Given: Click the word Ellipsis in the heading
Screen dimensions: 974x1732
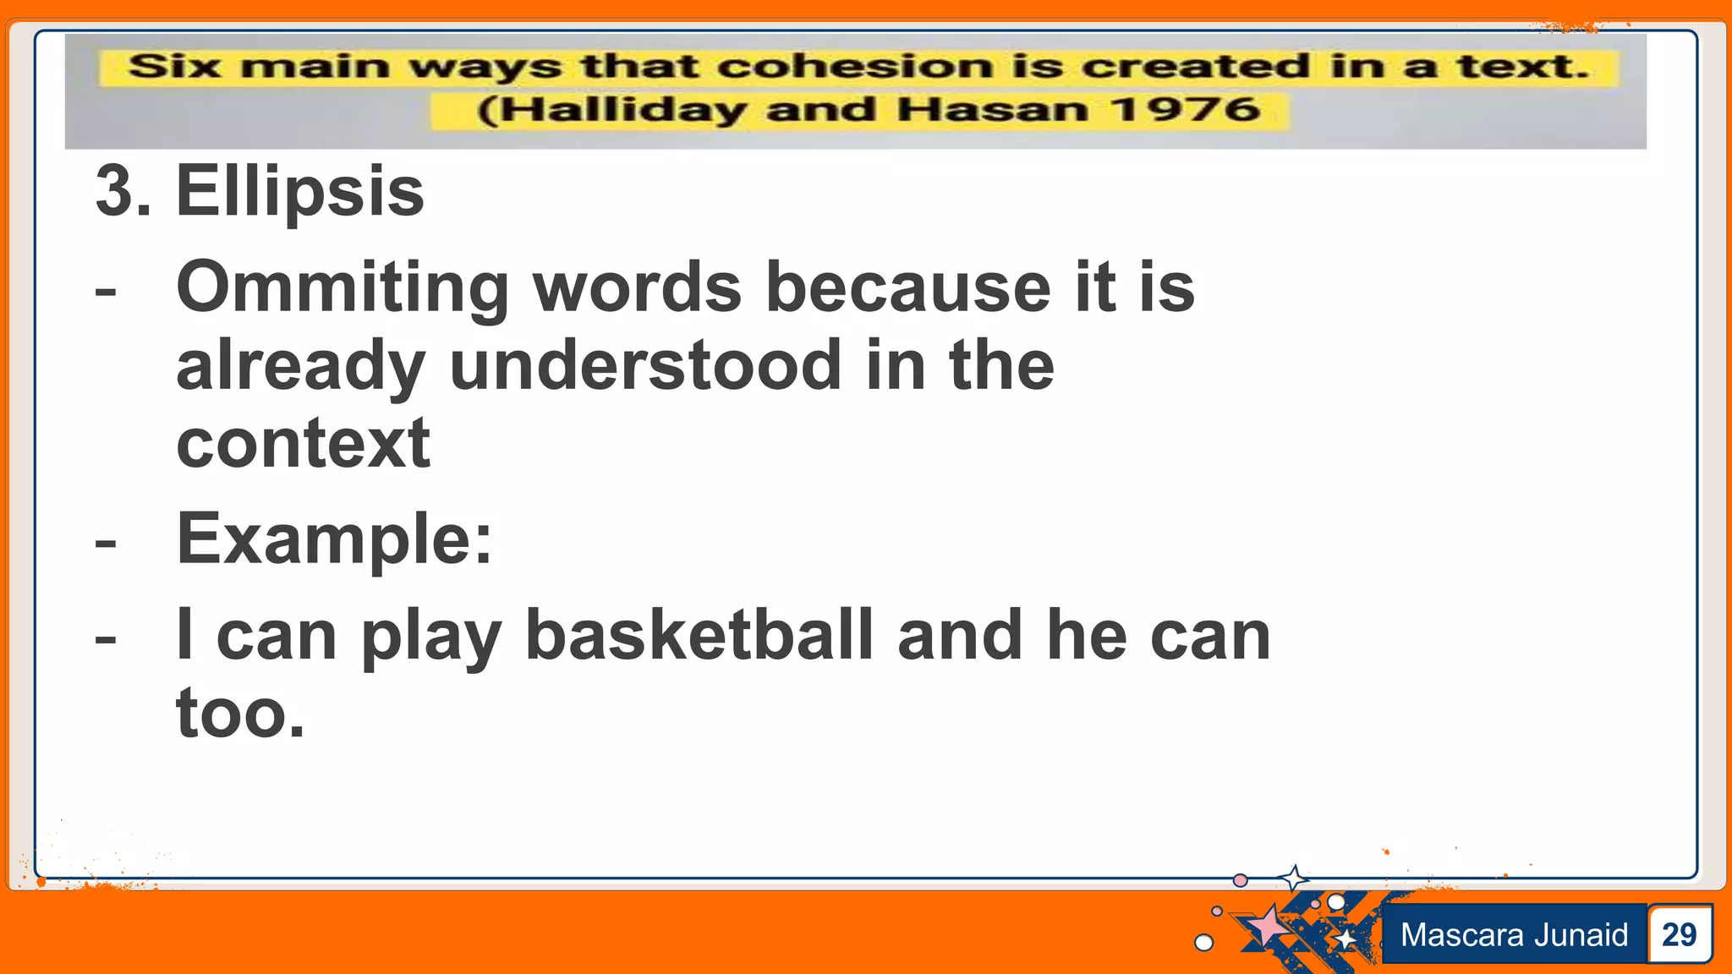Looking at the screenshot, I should click(299, 192).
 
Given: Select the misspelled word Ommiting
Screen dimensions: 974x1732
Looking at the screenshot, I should click(343, 288).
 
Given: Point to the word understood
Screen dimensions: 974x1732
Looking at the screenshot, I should click(645, 365).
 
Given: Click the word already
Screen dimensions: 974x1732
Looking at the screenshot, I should click(300, 367).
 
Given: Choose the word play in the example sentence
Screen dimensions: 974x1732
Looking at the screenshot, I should click(431, 637).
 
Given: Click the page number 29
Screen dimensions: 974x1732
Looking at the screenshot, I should click(1679, 934).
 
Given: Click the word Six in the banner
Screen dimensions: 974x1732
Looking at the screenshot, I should click(174, 66).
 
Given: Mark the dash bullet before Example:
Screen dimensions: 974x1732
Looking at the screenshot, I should click(106, 541).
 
